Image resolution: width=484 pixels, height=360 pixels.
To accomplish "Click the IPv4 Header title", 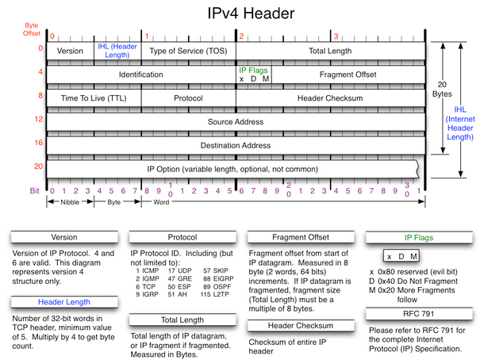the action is pos(251,13).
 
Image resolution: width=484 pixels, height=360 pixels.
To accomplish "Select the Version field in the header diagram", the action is pos(70,51).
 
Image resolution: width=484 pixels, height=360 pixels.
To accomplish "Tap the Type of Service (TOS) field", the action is pos(188,51).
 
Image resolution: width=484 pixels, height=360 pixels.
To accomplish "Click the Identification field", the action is pos(141,75).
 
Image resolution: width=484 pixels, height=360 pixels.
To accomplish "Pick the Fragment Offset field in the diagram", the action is pos(348,75).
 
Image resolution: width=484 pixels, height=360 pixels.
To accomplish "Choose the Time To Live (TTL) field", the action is pos(94,98).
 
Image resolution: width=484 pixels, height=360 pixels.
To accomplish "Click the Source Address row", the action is pos(236,122).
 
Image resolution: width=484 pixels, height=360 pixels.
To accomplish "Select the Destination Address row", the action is pos(236,145).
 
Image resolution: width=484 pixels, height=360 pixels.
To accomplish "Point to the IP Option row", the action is pos(232,169).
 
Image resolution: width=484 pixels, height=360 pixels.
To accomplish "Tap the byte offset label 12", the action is pos(39,119).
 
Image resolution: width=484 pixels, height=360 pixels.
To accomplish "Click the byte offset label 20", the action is pos(38,167).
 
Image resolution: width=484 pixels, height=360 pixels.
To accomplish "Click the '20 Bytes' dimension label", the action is pos(442,89).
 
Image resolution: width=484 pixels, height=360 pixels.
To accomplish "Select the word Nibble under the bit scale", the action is pos(70,202).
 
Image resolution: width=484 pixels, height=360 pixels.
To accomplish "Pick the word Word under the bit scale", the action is pos(161,202).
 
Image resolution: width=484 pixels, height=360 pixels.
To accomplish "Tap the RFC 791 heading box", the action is pos(419,314).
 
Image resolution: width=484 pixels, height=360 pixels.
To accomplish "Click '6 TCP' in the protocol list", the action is pos(145,286).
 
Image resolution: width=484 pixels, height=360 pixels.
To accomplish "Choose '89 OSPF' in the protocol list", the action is pos(217,286).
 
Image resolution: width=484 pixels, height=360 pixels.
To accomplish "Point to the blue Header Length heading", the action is pos(64,302).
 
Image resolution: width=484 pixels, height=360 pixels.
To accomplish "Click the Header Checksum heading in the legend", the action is pos(301,326).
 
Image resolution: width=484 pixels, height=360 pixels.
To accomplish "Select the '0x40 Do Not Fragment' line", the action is pos(413,281).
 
